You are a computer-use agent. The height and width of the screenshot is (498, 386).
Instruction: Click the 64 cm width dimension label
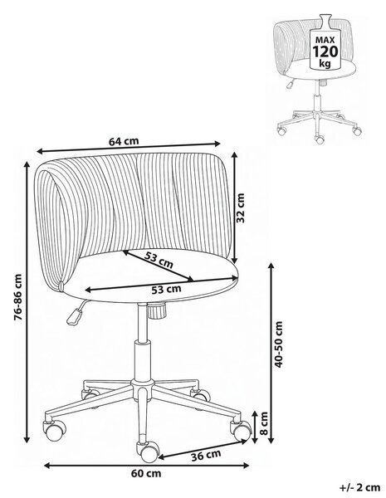[124, 141]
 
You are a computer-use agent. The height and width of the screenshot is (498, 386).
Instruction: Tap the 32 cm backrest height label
[241, 207]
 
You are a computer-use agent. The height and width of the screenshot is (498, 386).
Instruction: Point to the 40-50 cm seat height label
[278, 344]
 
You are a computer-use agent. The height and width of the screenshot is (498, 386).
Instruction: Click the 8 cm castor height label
[263, 423]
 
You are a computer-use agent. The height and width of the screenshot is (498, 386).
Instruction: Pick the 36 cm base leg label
[206, 456]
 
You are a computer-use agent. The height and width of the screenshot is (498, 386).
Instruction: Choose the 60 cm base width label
[146, 474]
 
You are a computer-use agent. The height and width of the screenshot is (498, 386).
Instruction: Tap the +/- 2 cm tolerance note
[360, 487]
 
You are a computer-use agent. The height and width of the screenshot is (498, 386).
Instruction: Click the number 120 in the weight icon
[325, 51]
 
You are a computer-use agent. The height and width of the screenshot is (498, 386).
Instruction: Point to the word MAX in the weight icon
[325, 40]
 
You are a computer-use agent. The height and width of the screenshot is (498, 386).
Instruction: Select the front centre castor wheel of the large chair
[148, 452]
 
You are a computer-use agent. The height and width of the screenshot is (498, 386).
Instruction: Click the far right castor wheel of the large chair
[242, 430]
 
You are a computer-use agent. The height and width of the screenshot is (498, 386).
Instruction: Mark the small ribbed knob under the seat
[157, 310]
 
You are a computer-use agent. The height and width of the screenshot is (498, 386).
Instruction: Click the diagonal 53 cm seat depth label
[159, 260]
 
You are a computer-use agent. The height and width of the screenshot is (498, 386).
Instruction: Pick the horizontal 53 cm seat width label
[166, 290]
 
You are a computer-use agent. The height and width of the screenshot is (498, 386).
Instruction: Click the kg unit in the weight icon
[325, 63]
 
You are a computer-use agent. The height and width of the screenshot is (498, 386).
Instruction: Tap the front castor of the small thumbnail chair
[320, 139]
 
